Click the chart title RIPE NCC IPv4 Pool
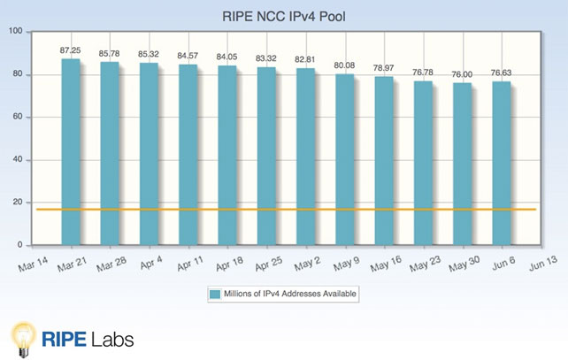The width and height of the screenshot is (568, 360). pos(284,17)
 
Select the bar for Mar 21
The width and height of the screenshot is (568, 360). pos(71,152)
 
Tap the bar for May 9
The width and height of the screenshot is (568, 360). pos(344,160)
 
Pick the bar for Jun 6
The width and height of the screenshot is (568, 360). pos(502,164)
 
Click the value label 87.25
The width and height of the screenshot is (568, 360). pos(70,50)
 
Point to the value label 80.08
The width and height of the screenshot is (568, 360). pos(344,65)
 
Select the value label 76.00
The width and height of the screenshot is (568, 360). pos(462,74)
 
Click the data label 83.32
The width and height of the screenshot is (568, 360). pos(266,58)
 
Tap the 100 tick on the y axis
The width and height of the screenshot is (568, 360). pos(16,31)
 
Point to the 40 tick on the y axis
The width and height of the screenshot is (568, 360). pos(18,159)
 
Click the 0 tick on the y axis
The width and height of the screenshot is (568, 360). pos(20,245)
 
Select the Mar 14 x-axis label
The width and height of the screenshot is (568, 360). pos(33,264)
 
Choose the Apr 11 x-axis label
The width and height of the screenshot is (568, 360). pos(190,264)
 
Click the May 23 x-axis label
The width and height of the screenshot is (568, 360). pos(425,264)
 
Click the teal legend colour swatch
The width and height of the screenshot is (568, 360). pos(215,294)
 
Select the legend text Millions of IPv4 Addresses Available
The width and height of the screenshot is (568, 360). pos(290,294)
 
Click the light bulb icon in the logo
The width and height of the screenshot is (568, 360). pos(24,340)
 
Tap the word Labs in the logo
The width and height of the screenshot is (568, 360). pos(112,340)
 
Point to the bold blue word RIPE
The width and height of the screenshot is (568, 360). pos(64,340)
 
